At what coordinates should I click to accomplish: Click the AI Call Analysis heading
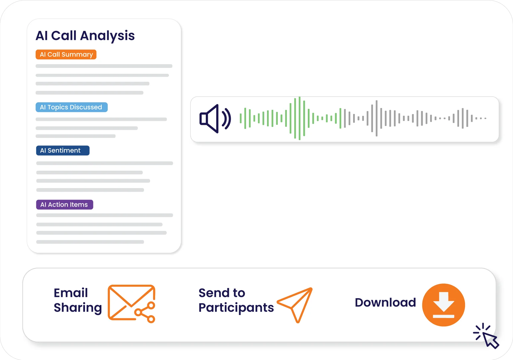[85, 36]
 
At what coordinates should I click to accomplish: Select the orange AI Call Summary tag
[66, 55]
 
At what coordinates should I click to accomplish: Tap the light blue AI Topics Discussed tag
[71, 107]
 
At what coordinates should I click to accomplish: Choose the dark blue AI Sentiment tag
[63, 151]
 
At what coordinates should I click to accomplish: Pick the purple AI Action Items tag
[64, 205]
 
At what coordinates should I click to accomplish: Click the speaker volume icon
[215, 118]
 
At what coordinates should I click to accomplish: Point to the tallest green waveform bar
[300, 118]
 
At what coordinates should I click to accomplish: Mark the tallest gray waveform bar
[376, 118]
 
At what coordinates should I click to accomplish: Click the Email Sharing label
[78, 300]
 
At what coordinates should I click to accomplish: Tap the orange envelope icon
[131, 303]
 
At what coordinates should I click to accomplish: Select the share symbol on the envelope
[145, 312]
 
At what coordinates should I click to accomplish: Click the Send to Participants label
[236, 300]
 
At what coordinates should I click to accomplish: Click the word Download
[385, 302]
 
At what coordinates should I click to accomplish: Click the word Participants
[236, 308]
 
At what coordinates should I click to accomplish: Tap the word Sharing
[78, 308]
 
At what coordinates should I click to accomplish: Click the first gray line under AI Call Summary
[104, 66]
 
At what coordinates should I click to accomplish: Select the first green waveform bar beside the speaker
[241, 118]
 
